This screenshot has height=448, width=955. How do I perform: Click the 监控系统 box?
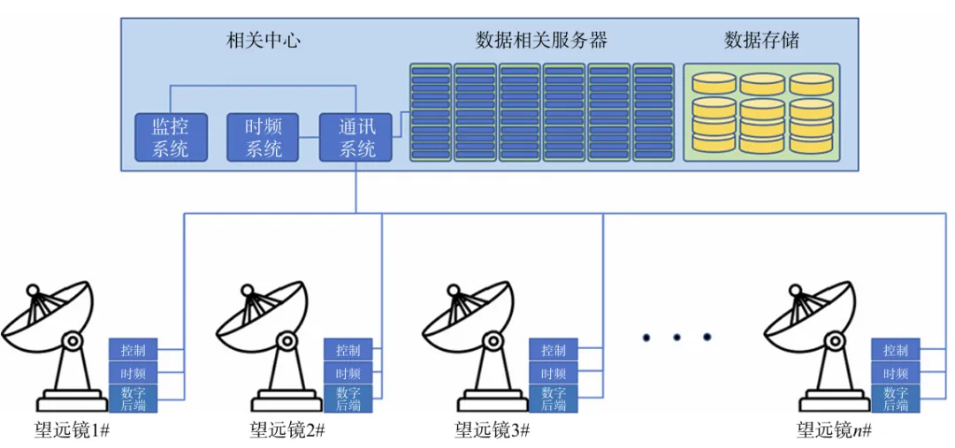171,137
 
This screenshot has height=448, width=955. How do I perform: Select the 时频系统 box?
263,137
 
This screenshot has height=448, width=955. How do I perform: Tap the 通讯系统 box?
355,137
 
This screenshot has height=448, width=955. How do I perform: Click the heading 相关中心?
264,41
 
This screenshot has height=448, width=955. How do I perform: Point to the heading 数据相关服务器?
541,41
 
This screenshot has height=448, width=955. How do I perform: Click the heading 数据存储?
761,41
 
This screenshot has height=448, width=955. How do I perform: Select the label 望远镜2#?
287,429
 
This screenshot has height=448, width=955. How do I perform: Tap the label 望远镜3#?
493,429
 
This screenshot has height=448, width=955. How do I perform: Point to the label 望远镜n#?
835,429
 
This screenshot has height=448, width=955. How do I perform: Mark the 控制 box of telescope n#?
896,350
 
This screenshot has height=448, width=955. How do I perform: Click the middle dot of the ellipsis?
676,337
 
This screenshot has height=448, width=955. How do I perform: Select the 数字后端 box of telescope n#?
896,399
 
